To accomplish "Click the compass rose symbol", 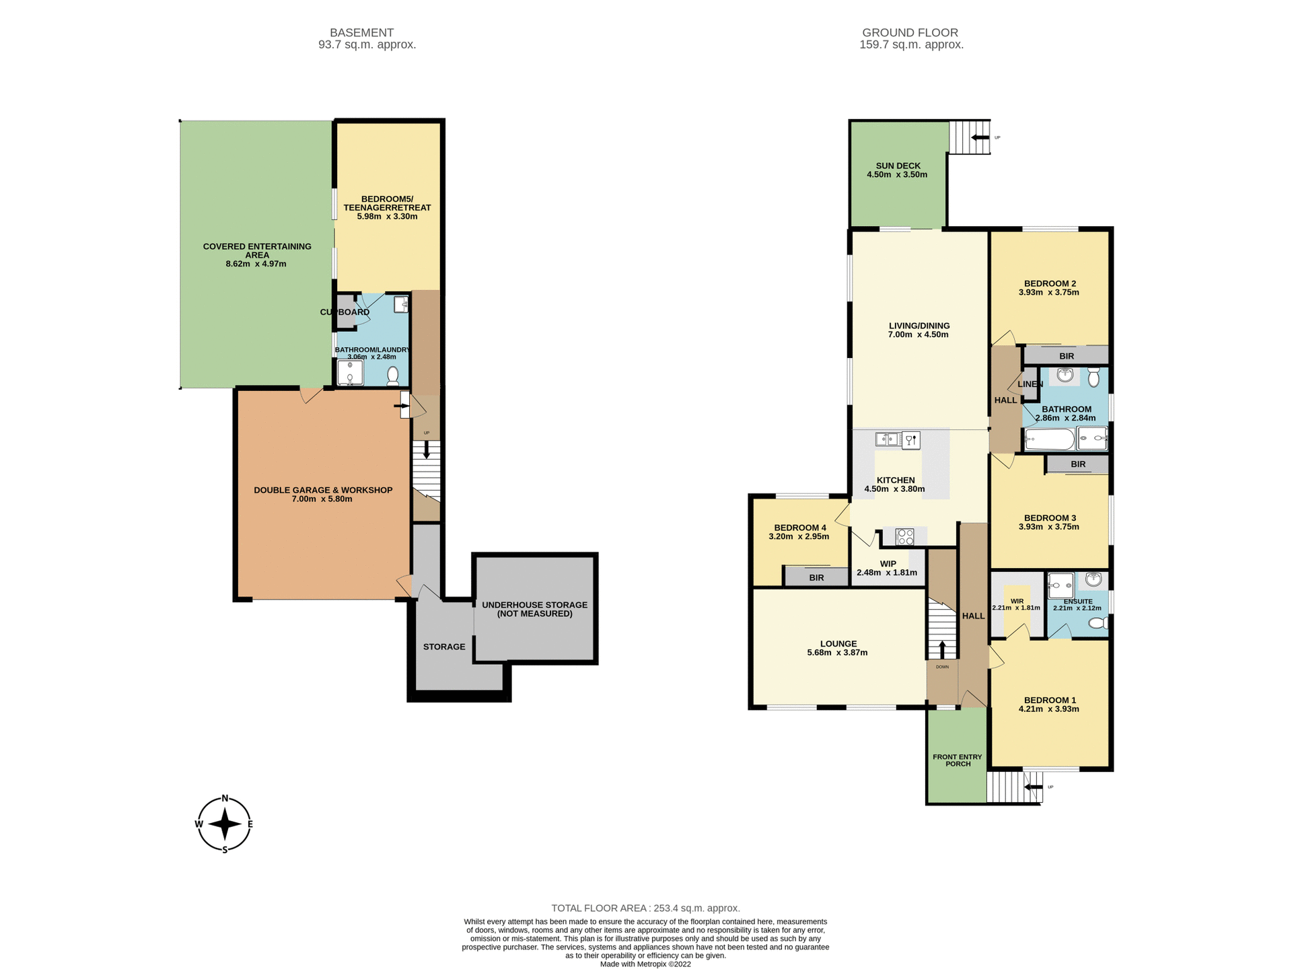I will [225, 824].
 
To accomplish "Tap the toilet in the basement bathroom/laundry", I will [393, 375].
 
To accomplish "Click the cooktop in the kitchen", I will [905, 537].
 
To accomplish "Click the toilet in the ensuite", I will [1098, 624].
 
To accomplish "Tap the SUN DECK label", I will [898, 166].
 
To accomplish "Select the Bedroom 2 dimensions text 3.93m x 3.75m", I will [1048, 293].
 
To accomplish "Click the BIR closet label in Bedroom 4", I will [816, 578].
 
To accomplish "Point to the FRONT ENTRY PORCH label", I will [957, 760].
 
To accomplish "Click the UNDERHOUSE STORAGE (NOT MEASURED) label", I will [534, 609].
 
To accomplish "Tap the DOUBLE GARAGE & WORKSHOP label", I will [323, 490].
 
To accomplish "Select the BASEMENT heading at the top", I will [361, 32].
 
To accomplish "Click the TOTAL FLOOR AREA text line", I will [645, 908].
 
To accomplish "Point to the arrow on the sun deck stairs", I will [980, 137].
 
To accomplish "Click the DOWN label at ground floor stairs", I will [942, 667].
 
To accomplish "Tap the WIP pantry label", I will [888, 564].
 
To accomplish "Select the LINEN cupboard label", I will [1030, 384].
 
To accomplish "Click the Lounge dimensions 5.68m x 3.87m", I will [837, 653].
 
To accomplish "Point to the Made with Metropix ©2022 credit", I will [645, 964].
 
